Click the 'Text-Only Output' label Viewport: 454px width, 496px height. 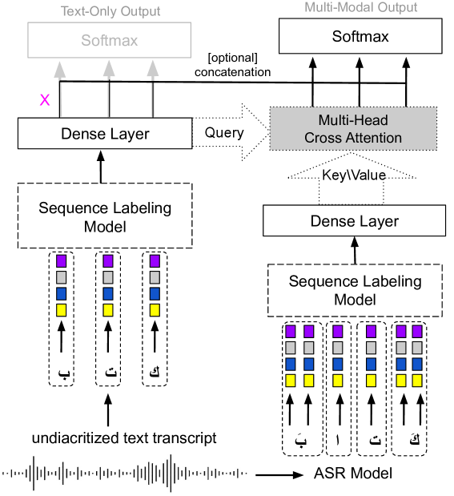tap(110, 11)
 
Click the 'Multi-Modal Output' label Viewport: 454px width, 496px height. tap(360, 7)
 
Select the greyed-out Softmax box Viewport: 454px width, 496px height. tap(110, 40)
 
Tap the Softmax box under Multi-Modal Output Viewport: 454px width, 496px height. tap(360, 37)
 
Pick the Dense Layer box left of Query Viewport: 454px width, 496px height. tap(105, 134)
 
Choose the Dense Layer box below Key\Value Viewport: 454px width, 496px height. tap(354, 221)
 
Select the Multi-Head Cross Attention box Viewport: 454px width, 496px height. tap(353, 129)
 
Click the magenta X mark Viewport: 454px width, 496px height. tap(45, 100)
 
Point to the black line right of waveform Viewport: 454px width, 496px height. tap(269, 474)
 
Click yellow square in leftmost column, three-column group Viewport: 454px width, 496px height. tap(62, 310)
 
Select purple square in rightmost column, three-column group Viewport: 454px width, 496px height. tap(155, 261)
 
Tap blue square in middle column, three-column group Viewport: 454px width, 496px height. tap(108, 294)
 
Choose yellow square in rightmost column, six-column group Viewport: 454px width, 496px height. tap(416, 381)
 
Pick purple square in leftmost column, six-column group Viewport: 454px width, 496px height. tap(291, 332)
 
